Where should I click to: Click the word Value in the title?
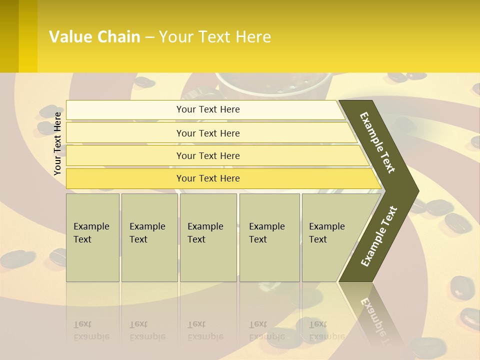tap(69, 37)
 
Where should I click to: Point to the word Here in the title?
tap(253, 37)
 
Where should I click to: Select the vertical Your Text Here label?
tap(58, 143)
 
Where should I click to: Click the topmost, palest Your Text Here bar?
tap(207, 109)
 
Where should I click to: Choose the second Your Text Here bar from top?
tap(208, 133)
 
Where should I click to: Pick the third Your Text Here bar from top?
tap(208, 155)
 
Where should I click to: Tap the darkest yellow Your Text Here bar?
tap(208, 178)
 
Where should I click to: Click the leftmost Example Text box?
tap(92, 237)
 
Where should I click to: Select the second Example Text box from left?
tap(149, 237)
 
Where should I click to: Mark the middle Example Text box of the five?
tap(208, 237)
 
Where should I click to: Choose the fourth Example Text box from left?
tap(269, 237)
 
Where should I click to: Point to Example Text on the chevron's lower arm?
tap(379, 236)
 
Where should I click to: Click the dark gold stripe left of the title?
tap(9, 36)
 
